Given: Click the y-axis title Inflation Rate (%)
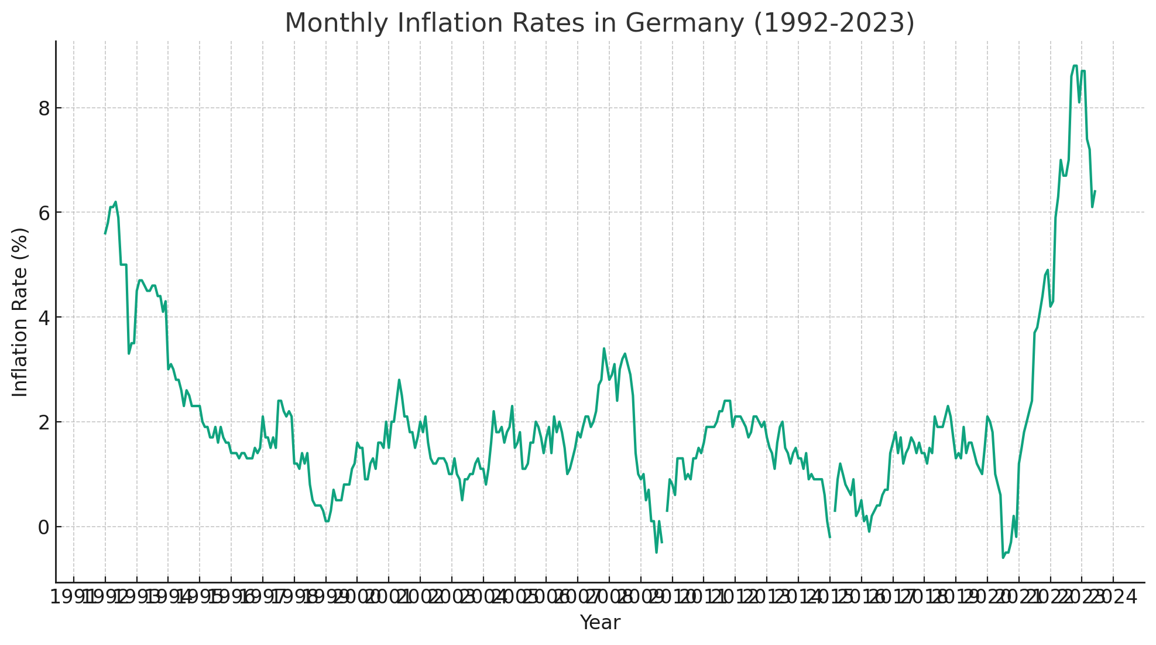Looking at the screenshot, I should (20, 312).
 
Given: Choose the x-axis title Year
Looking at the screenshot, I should (599, 623).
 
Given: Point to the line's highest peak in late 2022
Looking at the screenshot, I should (1075, 66).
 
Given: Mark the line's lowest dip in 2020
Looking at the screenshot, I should (1003, 557).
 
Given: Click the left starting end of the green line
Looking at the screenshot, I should (105, 234).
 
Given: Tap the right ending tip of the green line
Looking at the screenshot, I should (1095, 191).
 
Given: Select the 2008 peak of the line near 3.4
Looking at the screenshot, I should (604, 349).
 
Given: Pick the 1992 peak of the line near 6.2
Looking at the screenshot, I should (116, 202).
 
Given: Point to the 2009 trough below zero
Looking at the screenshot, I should (656, 552).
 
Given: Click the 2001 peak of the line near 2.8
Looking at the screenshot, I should (399, 380).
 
